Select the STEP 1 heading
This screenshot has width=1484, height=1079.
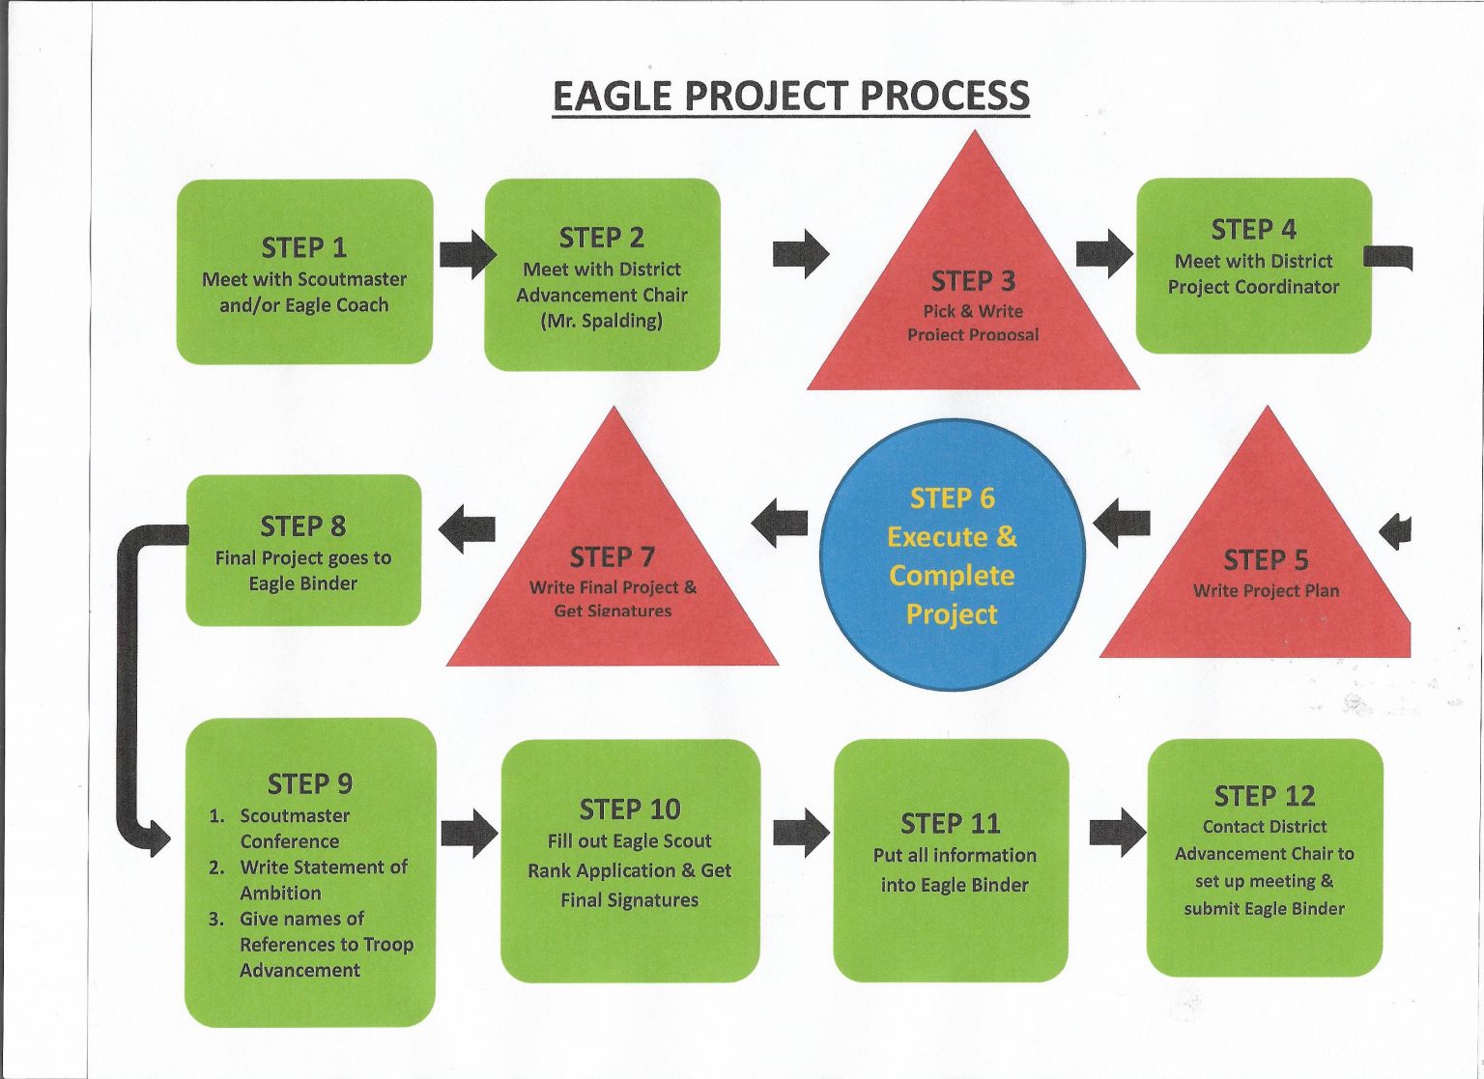coord(303,248)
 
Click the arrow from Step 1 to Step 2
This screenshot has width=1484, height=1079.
coord(467,254)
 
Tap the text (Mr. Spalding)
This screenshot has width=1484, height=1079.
coord(601,321)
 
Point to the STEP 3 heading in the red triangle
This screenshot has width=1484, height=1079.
coord(973,281)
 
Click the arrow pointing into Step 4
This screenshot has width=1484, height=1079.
coord(1104,253)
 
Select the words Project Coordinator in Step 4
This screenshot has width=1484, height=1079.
coord(1253,287)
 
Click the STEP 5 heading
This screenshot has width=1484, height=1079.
coord(1266,560)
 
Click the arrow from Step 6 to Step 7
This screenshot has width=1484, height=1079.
coord(780,523)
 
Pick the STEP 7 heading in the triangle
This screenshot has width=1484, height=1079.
coord(612,557)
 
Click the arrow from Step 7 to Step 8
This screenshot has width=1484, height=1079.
coord(467,528)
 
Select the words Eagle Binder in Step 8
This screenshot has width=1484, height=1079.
coord(302,583)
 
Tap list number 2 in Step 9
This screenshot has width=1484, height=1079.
coord(216,867)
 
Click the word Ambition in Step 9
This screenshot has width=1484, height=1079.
coord(280,894)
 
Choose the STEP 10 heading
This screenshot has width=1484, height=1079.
coord(630,809)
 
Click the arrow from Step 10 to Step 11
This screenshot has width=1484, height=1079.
coord(801,833)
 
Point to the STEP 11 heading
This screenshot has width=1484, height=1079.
coord(950,824)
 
